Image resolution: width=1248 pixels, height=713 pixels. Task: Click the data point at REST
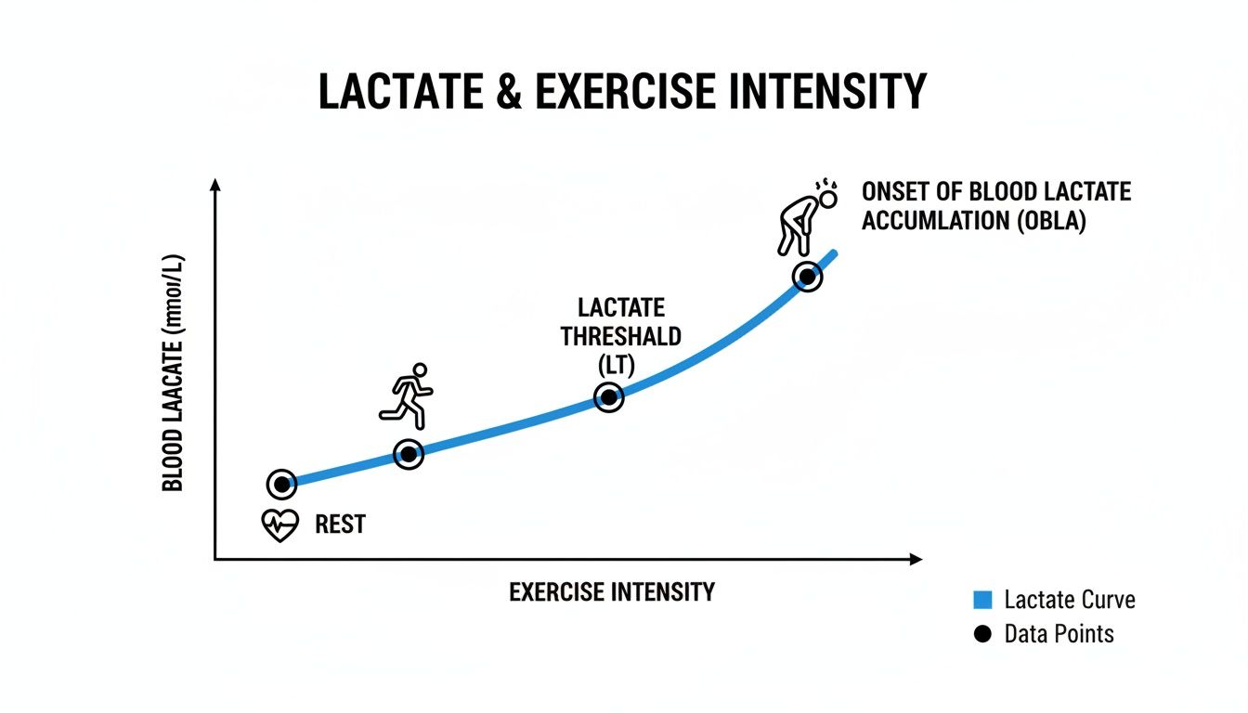click(x=281, y=484)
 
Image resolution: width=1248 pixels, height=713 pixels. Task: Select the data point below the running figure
click(x=408, y=454)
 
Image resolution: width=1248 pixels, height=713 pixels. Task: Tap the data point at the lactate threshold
click(x=608, y=398)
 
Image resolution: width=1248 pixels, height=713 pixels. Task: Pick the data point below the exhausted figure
click(x=807, y=277)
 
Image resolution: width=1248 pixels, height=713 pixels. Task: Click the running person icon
click(x=408, y=395)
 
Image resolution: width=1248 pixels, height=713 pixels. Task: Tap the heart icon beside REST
click(x=279, y=525)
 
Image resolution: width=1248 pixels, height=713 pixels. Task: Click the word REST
click(x=340, y=525)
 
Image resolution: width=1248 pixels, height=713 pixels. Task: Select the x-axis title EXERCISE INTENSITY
click(x=612, y=592)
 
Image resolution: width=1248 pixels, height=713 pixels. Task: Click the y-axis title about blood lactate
click(x=174, y=371)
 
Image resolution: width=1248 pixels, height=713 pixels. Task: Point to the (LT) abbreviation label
click(x=616, y=365)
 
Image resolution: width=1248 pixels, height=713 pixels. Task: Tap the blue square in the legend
click(x=982, y=600)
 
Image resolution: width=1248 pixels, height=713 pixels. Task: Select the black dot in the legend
click(x=982, y=635)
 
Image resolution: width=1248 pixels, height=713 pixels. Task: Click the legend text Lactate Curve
click(x=1069, y=600)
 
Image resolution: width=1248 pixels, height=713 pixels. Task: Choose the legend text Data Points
click(x=1059, y=635)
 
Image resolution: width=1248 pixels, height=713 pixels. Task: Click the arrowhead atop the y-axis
click(x=215, y=185)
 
